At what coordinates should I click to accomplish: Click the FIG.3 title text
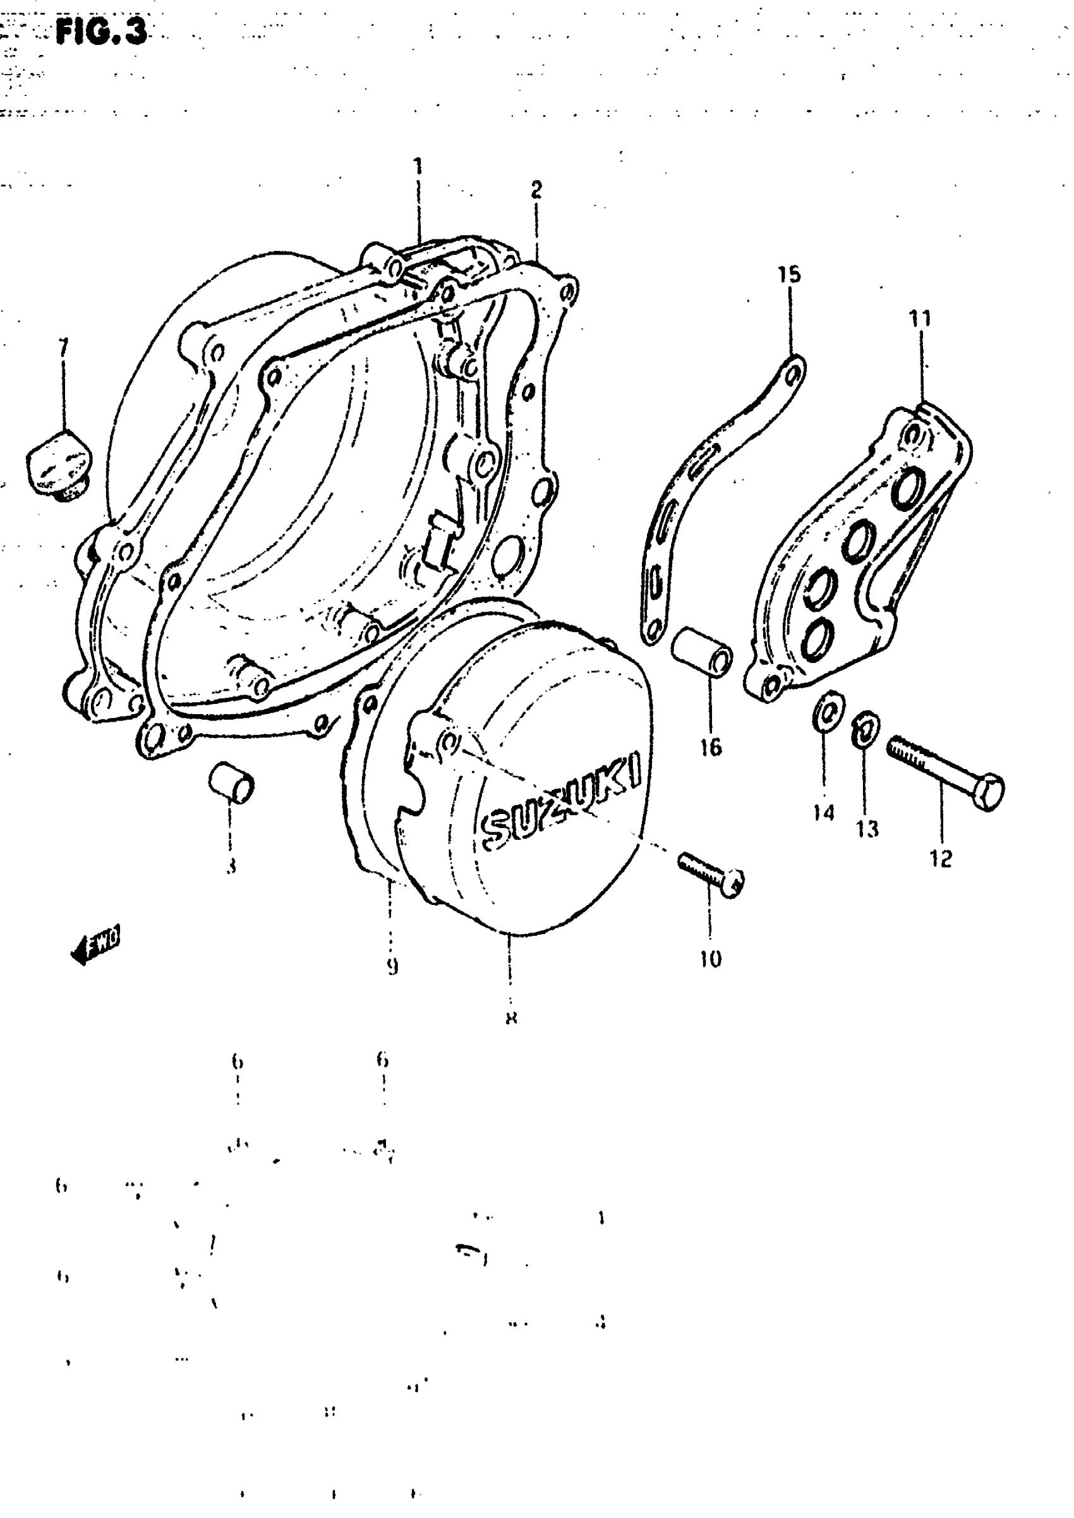point(102,30)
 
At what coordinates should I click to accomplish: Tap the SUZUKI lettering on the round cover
point(562,798)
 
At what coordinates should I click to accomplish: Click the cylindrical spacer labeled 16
point(702,651)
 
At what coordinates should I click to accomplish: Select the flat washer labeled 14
point(826,712)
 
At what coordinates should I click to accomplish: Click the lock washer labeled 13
point(866,727)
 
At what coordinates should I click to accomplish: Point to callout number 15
point(789,274)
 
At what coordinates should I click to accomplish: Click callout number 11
point(920,319)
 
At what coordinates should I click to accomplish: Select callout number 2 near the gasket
point(536,190)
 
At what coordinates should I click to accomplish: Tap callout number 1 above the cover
point(418,166)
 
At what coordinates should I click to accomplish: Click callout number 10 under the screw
point(710,959)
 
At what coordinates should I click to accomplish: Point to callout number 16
point(711,748)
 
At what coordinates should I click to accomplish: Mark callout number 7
point(63,346)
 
